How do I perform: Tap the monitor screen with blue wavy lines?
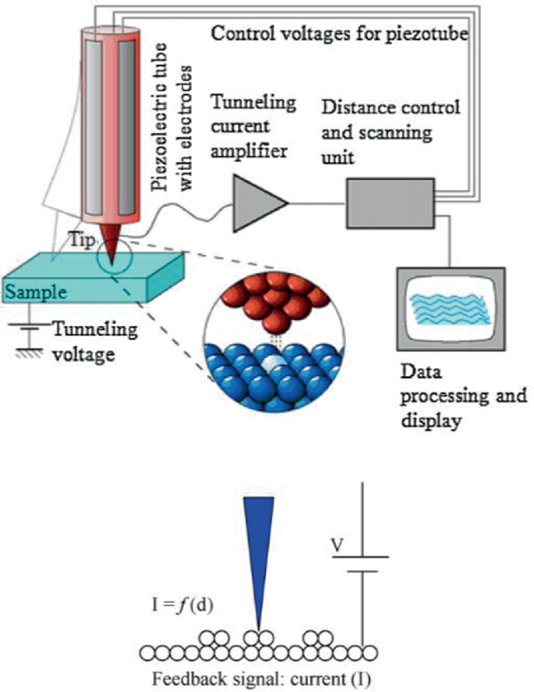[451, 309]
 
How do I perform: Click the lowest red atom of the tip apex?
[274, 321]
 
